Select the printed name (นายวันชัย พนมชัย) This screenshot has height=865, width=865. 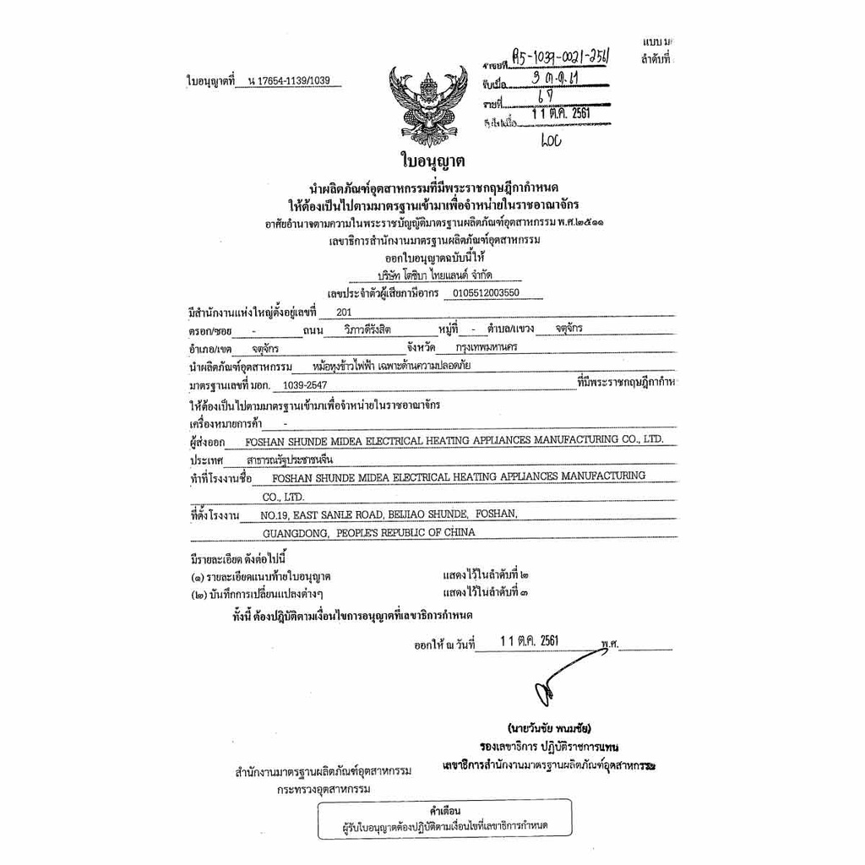click(549, 727)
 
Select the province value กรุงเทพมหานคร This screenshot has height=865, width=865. click(487, 347)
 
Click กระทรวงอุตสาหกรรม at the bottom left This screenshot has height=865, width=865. click(324, 790)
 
